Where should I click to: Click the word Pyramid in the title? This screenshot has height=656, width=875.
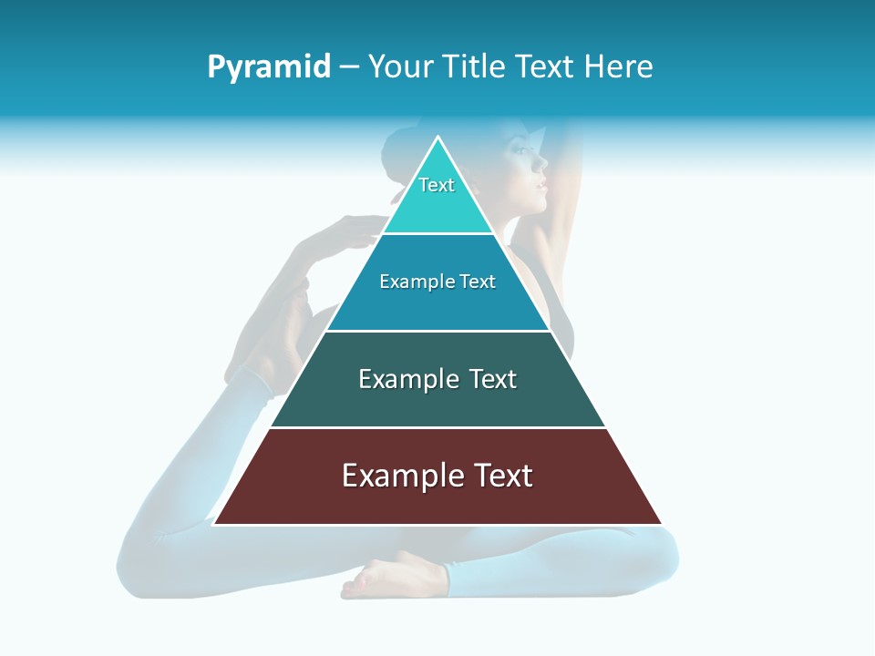pos(269,67)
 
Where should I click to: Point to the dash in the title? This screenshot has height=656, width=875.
pos(349,67)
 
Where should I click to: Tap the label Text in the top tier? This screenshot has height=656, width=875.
pos(437,185)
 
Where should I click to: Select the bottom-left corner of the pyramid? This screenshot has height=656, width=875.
pos(214,524)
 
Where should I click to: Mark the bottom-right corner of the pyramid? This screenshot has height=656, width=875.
pos(662,524)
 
